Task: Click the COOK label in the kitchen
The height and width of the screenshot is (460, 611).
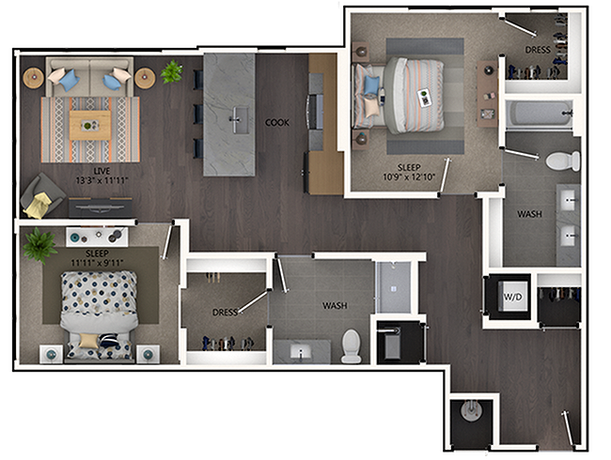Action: (x=277, y=123)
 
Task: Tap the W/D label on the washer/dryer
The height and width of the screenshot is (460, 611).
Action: (x=513, y=297)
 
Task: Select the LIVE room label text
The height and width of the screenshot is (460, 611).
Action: (x=102, y=171)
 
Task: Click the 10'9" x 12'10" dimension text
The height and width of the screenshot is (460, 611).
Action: (x=409, y=176)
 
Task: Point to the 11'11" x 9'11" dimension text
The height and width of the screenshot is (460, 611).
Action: (x=97, y=263)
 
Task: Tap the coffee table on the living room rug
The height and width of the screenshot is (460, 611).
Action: (x=90, y=125)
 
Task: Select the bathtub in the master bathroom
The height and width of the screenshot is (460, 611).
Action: (x=539, y=114)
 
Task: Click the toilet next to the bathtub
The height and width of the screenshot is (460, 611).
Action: (x=563, y=161)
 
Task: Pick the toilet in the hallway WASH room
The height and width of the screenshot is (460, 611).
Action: (x=352, y=346)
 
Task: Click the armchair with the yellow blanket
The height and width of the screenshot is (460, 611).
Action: (x=41, y=196)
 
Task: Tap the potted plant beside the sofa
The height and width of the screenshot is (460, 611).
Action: (x=171, y=71)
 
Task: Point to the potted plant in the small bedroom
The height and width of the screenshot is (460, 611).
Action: (x=39, y=246)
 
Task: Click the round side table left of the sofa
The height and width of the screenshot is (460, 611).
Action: (x=34, y=78)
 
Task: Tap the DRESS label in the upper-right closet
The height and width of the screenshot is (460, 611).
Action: (x=538, y=50)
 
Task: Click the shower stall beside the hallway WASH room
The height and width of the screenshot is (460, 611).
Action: (x=393, y=287)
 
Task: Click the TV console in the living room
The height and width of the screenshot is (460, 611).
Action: (x=101, y=207)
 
